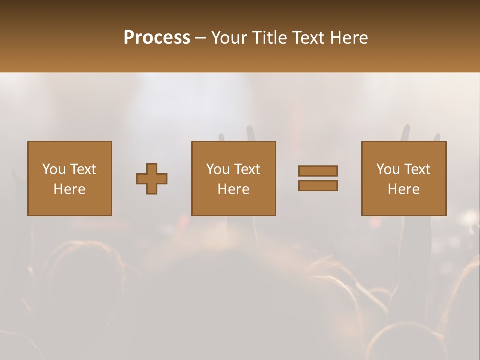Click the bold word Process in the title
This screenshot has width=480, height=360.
pyautogui.click(x=157, y=38)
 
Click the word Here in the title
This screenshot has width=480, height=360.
pyautogui.click(x=350, y=38)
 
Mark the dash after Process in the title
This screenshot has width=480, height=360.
pyautogui.click(x=200, y=39)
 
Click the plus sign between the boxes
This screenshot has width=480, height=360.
pyautogui.click(x=152, y=179)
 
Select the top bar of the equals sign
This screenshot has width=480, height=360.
pyautogui.click(x=318, y=171)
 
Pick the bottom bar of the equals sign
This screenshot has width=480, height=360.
pyautogui.click(x=318, y=186)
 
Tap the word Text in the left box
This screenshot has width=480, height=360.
pyautogui.click(x=83, y=169)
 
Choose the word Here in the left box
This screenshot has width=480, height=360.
pyautogui.click(x=69, y=189)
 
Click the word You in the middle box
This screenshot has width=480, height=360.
pyautogui.click(x=218, y=169)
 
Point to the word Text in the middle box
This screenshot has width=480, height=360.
pyautogui.click(x=247, y=169)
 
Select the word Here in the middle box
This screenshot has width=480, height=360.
pyautogui.click(x=233, y=189)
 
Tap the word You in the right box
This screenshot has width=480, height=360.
pyautogui.click(x=388, y=169)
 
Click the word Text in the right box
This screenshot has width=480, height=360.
pyautogui.click(x=417, y=169)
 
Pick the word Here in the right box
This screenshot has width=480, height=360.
pyautogui.click(x=403, y=189)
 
